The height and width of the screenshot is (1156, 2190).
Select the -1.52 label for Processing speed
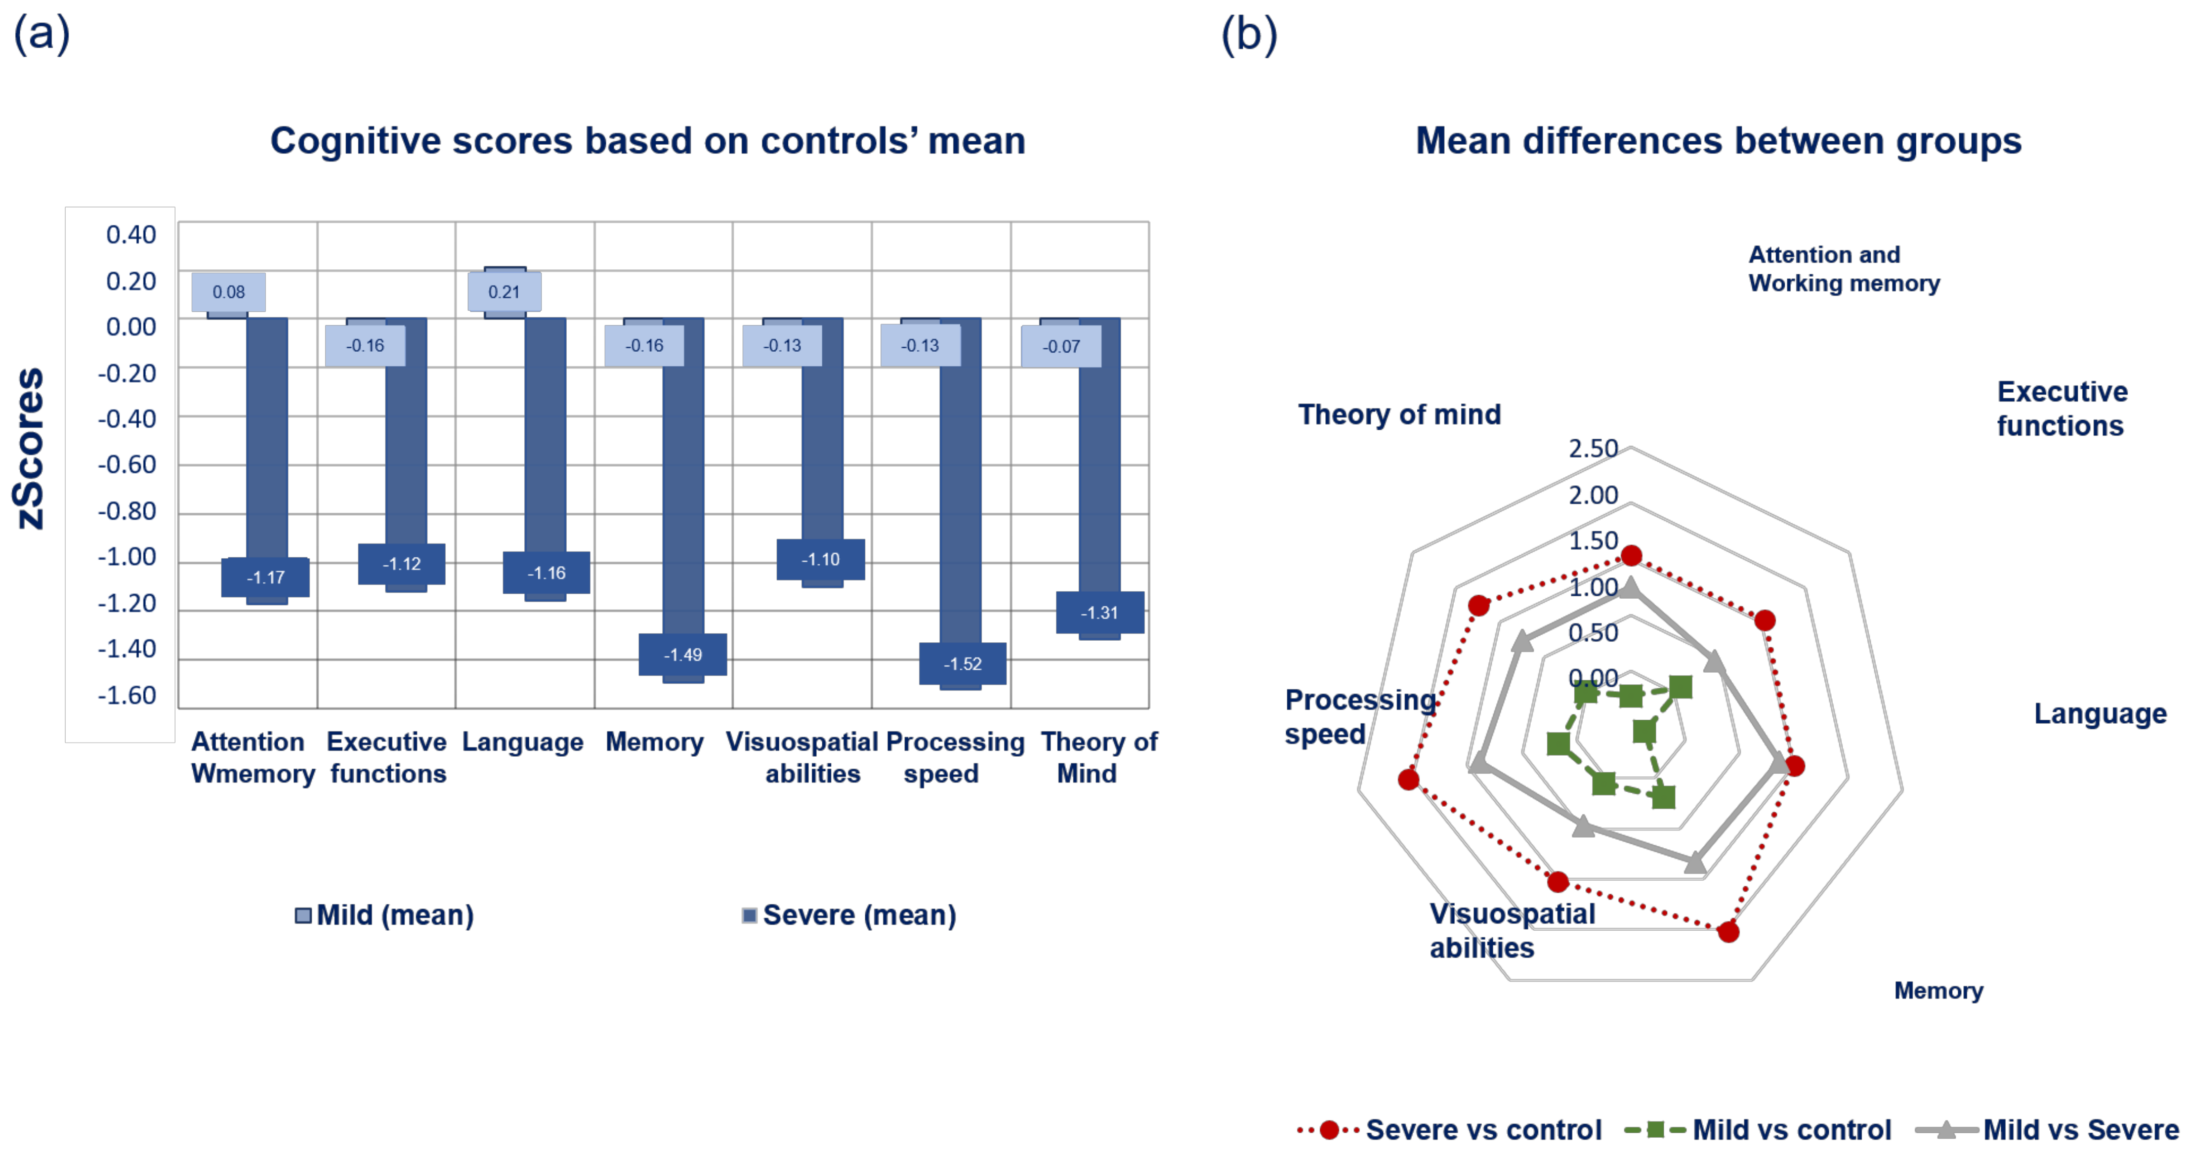pos(962,664)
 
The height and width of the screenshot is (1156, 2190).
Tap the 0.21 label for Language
pos(504,292)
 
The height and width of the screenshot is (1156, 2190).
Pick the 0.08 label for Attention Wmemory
pos(229,292)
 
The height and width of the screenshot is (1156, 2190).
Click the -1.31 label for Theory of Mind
pos(1099,612)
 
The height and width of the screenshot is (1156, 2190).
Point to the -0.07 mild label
pos(1061,346)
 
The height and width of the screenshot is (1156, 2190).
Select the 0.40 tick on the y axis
pos(131,235)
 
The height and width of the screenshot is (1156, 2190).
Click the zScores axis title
pos(30,448)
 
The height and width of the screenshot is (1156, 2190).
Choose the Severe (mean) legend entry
pos(850,915)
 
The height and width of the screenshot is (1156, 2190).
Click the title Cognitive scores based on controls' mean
pos(648,141)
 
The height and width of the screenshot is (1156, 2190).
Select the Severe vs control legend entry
pos(1450,1130)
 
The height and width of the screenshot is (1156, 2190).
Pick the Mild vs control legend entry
pos(1758,1130)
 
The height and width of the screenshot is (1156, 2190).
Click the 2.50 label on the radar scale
pos(1592,448)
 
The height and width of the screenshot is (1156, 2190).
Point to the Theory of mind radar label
pos(1399,414)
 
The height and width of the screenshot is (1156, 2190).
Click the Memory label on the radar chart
pos(1939,991)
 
